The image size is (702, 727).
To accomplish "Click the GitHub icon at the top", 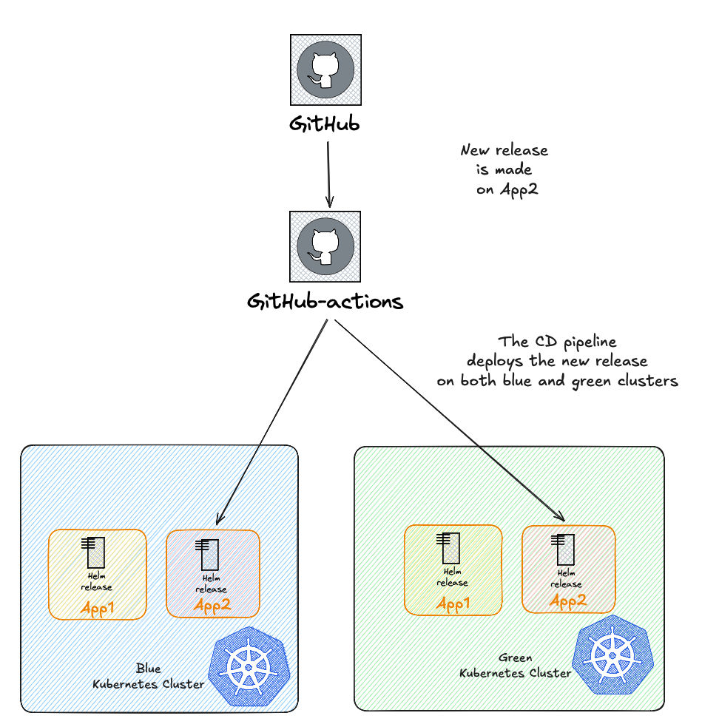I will click(x=325, y=70).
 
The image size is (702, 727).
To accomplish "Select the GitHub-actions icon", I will click(x=325, y=247).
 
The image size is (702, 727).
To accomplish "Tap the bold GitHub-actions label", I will click(x=325, y=302).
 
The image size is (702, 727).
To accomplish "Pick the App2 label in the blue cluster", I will click(x=212, y=606).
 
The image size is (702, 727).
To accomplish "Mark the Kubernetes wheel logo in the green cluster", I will click(x=613, y=655).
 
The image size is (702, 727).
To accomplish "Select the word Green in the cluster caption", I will click(x=515, y=657).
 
